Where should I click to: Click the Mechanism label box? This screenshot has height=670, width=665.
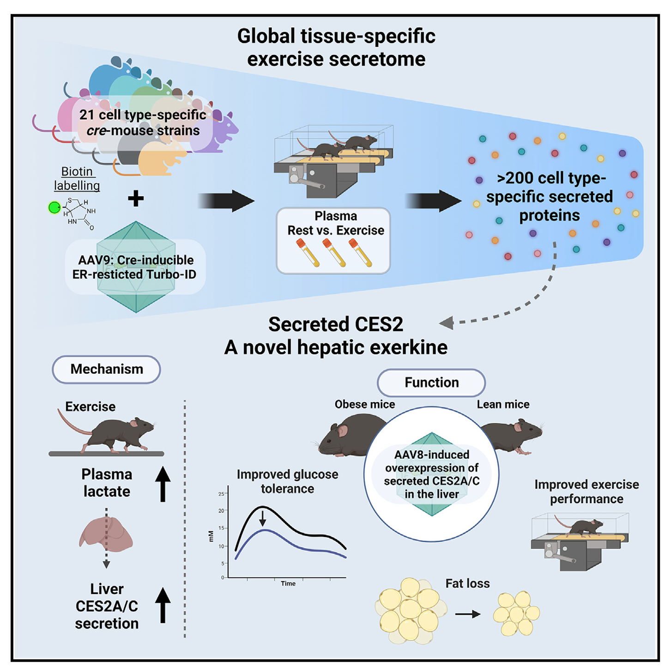[x=106, y=369]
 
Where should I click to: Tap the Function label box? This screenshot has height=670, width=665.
[x=431, y=383]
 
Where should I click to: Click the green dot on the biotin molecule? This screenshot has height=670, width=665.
[x=54, y=208]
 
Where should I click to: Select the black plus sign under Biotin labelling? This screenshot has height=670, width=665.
[x=136, y=199]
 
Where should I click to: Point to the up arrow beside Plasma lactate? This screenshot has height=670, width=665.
[x=163, y=484]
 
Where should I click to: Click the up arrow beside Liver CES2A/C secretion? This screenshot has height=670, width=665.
[x=163, y=605]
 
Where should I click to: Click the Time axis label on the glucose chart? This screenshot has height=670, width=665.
[x=288, y=584]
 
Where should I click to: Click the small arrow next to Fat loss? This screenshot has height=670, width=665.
[x=467, y=614]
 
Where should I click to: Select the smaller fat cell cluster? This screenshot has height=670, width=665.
[x=516, y=614]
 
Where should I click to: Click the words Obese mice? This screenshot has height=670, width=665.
[x=365, y=404]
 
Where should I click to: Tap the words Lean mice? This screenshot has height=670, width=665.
[x=503, y=404]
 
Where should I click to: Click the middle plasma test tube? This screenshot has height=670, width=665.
[x=333, y=252]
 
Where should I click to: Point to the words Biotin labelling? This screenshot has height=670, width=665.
[x=77, y=178]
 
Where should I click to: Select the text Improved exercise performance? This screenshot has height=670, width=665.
[x=586, y=492]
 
